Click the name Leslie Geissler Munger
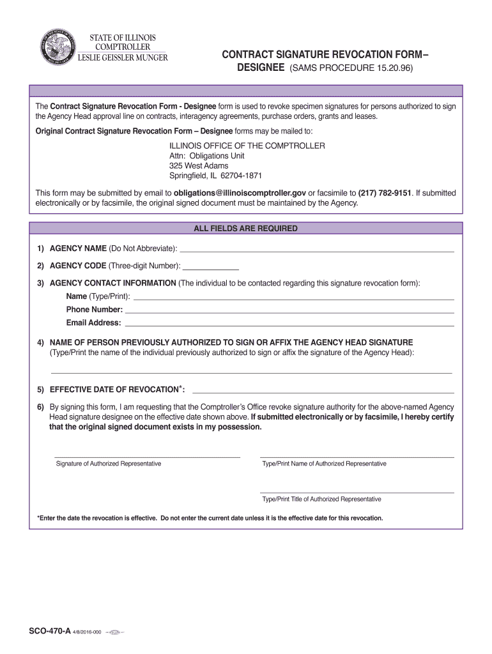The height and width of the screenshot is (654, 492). pyautogui.click(x=123, y=58)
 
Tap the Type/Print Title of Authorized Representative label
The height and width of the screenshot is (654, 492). pyautogui.click(x=321, y=499)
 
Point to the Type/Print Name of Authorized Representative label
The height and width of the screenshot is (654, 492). pyautogui.click(x=324, y=464)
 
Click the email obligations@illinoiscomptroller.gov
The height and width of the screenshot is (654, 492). pyautogui.click(x=240, y=193)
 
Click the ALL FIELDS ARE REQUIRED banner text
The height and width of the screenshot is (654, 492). pyautogui.click(x=245, y=228)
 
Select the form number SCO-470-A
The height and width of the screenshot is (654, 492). pyautogui.click(x=50, y=631)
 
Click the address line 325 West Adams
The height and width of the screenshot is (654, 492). pyautogui.click(x=198, y=166)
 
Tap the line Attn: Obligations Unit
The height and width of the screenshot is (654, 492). pyautogui.click(x=206, y=156)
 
